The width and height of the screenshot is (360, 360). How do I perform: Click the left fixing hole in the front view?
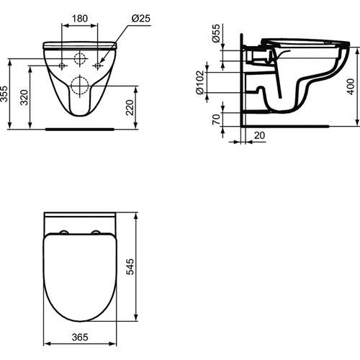point(63,67)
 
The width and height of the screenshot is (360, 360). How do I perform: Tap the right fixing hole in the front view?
point(99,67)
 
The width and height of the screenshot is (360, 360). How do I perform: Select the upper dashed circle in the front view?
point(81,59)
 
